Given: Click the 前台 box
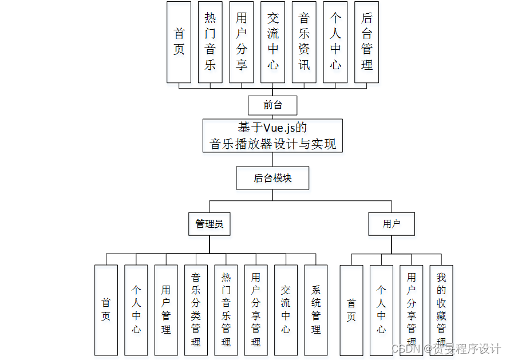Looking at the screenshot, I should [x=272, y=105].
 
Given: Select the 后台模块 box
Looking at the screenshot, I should [x=272, y=178].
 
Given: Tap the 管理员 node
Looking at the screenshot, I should [x=209, y=224].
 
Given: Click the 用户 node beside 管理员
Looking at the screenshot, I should [x=392, y=224].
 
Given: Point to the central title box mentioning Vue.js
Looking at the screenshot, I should [x=272, y=136].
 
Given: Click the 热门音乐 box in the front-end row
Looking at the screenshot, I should [x=210, y=42].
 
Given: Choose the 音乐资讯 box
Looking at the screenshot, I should [x=304, y=42].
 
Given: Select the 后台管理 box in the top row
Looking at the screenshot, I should [x=366, y=42].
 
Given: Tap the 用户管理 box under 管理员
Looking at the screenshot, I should [x=166, y=310].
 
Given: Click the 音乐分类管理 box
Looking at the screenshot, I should [x=196, y=310].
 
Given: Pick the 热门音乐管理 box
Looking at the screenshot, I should [x=226, y=310].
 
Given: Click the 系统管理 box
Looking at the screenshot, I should [x=316, y=310].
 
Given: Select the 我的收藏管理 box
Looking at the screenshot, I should [x=441, y=310].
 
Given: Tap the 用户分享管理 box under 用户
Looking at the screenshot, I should [x=412, y=310].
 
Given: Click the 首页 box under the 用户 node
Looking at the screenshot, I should [x=351, y=310].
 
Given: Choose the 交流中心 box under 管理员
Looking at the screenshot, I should [x=286, y=310].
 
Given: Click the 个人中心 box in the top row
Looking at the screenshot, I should [x=335, y=42].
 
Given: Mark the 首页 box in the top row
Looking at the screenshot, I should [x=179, y=42].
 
